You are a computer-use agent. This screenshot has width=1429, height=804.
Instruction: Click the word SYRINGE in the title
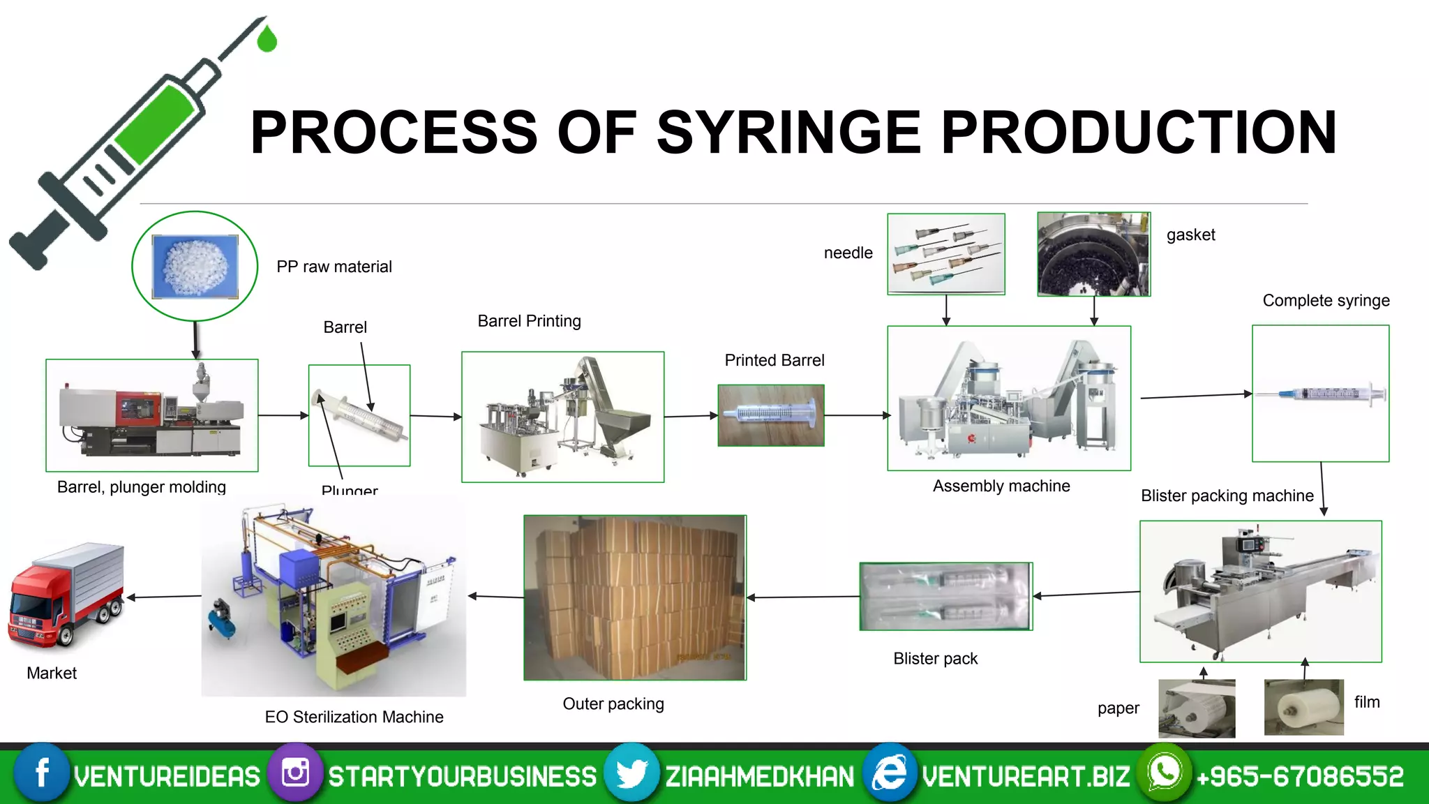(x=788, y=132)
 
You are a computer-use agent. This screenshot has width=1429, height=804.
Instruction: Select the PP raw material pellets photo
(x=195, y=267)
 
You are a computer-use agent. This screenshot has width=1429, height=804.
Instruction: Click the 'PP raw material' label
(x=334, y=267)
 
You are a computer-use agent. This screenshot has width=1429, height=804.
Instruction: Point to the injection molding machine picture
(x=151, y=415)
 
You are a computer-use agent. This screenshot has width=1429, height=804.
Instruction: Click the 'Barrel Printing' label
(x=529, y=321)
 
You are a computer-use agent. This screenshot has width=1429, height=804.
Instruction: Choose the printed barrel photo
(x=771, y=415)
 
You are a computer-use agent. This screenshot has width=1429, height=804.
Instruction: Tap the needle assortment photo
(x=945, y=254)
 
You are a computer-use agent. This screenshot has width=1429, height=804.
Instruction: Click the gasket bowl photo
(x=1093, y=254)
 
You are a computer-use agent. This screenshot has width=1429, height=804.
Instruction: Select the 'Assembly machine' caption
(x=1001, y=486)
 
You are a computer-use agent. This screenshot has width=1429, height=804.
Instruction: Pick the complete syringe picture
(x=1320, y=394)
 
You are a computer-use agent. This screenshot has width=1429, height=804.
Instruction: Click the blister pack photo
(x=945, y=596)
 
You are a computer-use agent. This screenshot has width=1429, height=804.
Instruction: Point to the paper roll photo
(x=1197, y=708)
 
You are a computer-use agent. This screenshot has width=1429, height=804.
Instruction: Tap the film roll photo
(x=1303, y=707)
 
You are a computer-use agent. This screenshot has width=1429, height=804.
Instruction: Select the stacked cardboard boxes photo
(x=635, y=597)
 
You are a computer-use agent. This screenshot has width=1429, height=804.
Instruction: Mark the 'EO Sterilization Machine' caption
(x=354, y=717)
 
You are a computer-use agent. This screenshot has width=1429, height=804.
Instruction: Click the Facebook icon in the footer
(x=42, y=773)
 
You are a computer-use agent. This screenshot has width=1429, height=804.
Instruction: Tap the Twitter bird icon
(x=631, y=773)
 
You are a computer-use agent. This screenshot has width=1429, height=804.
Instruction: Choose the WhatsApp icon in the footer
(x=1164, y=773)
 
